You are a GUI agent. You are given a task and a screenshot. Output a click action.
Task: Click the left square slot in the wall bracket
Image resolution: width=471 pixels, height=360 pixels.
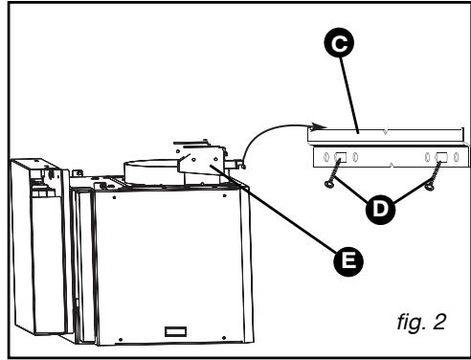click(x=341, y=158)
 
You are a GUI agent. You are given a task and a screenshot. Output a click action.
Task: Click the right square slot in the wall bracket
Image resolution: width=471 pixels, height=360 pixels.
click(x=441, y=158)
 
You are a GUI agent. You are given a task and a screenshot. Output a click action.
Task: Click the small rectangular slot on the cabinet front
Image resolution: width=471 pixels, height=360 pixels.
click(x=174, y=331)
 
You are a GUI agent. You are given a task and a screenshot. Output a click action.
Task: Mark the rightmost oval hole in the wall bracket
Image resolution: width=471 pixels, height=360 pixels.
click(x=458, y=158)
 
